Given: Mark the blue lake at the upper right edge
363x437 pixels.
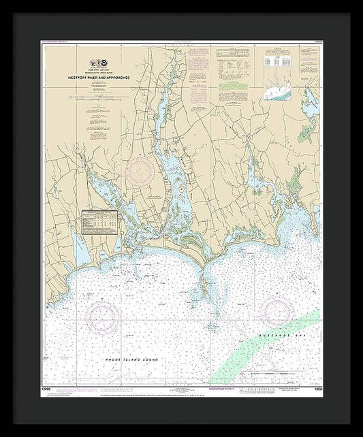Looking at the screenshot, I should coord(312,109).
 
